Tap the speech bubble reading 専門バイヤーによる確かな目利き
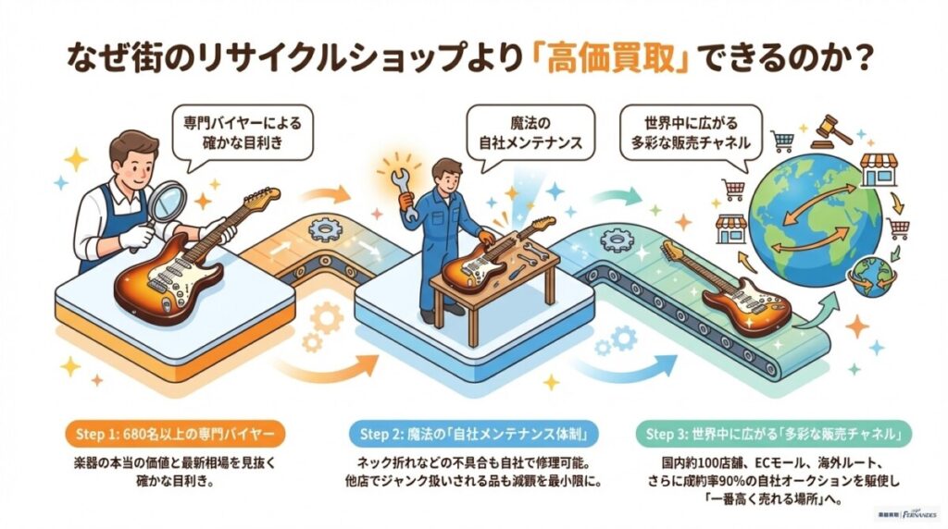(x=243, y=133)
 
